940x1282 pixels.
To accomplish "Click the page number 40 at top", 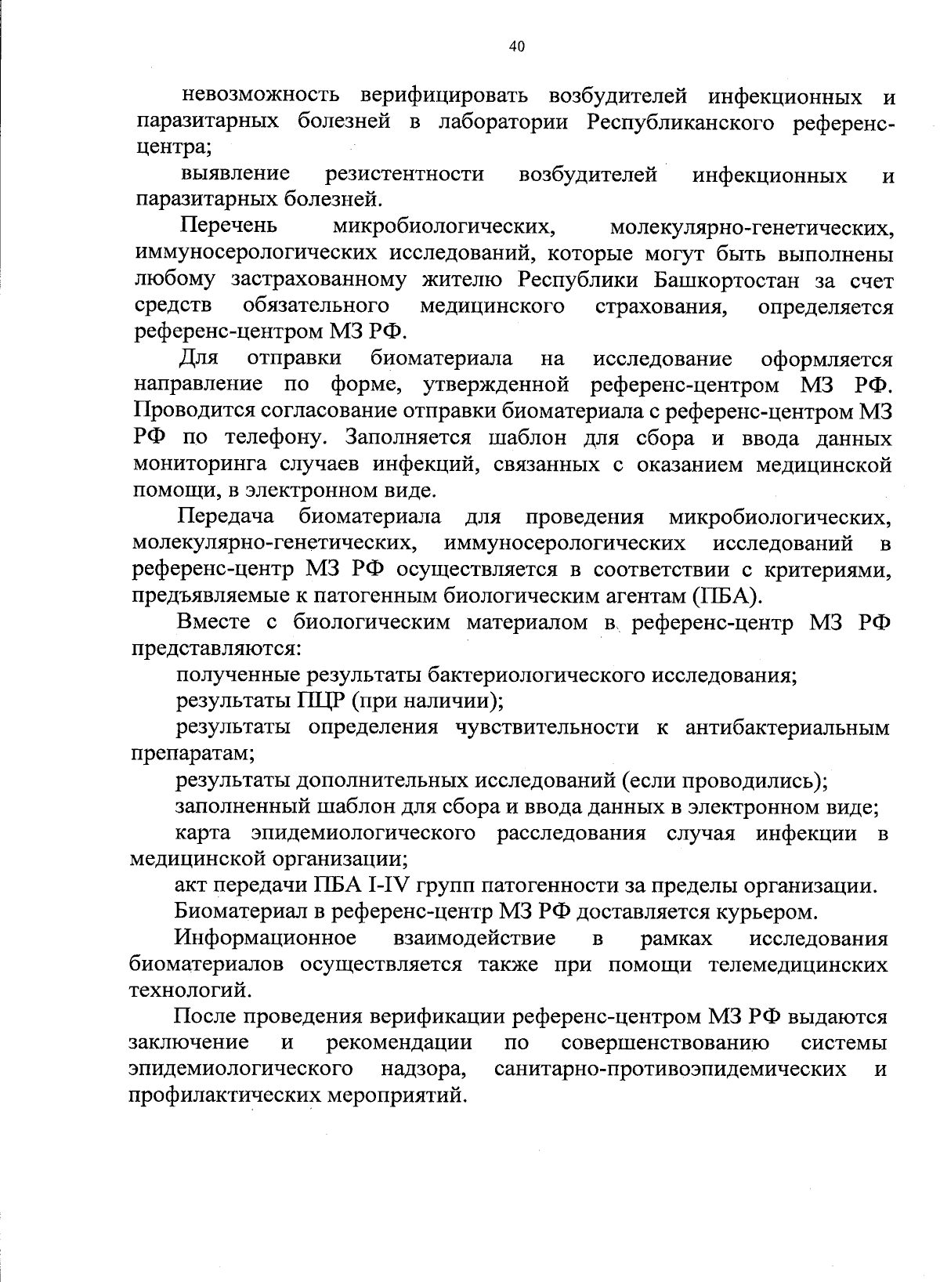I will pyautogui.click(x=516, y=47).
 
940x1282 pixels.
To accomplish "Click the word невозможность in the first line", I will pyautogui.click(x=261, y=96).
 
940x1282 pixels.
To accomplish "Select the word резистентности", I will pyautogui.click(x=404, y=174).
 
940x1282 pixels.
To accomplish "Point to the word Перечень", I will pyautogui.click(x=229, y=226).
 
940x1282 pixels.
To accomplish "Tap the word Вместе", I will pyautogui.click(x=211, y=623).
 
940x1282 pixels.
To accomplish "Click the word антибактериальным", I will pyautogui.click(x=786, y=727).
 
